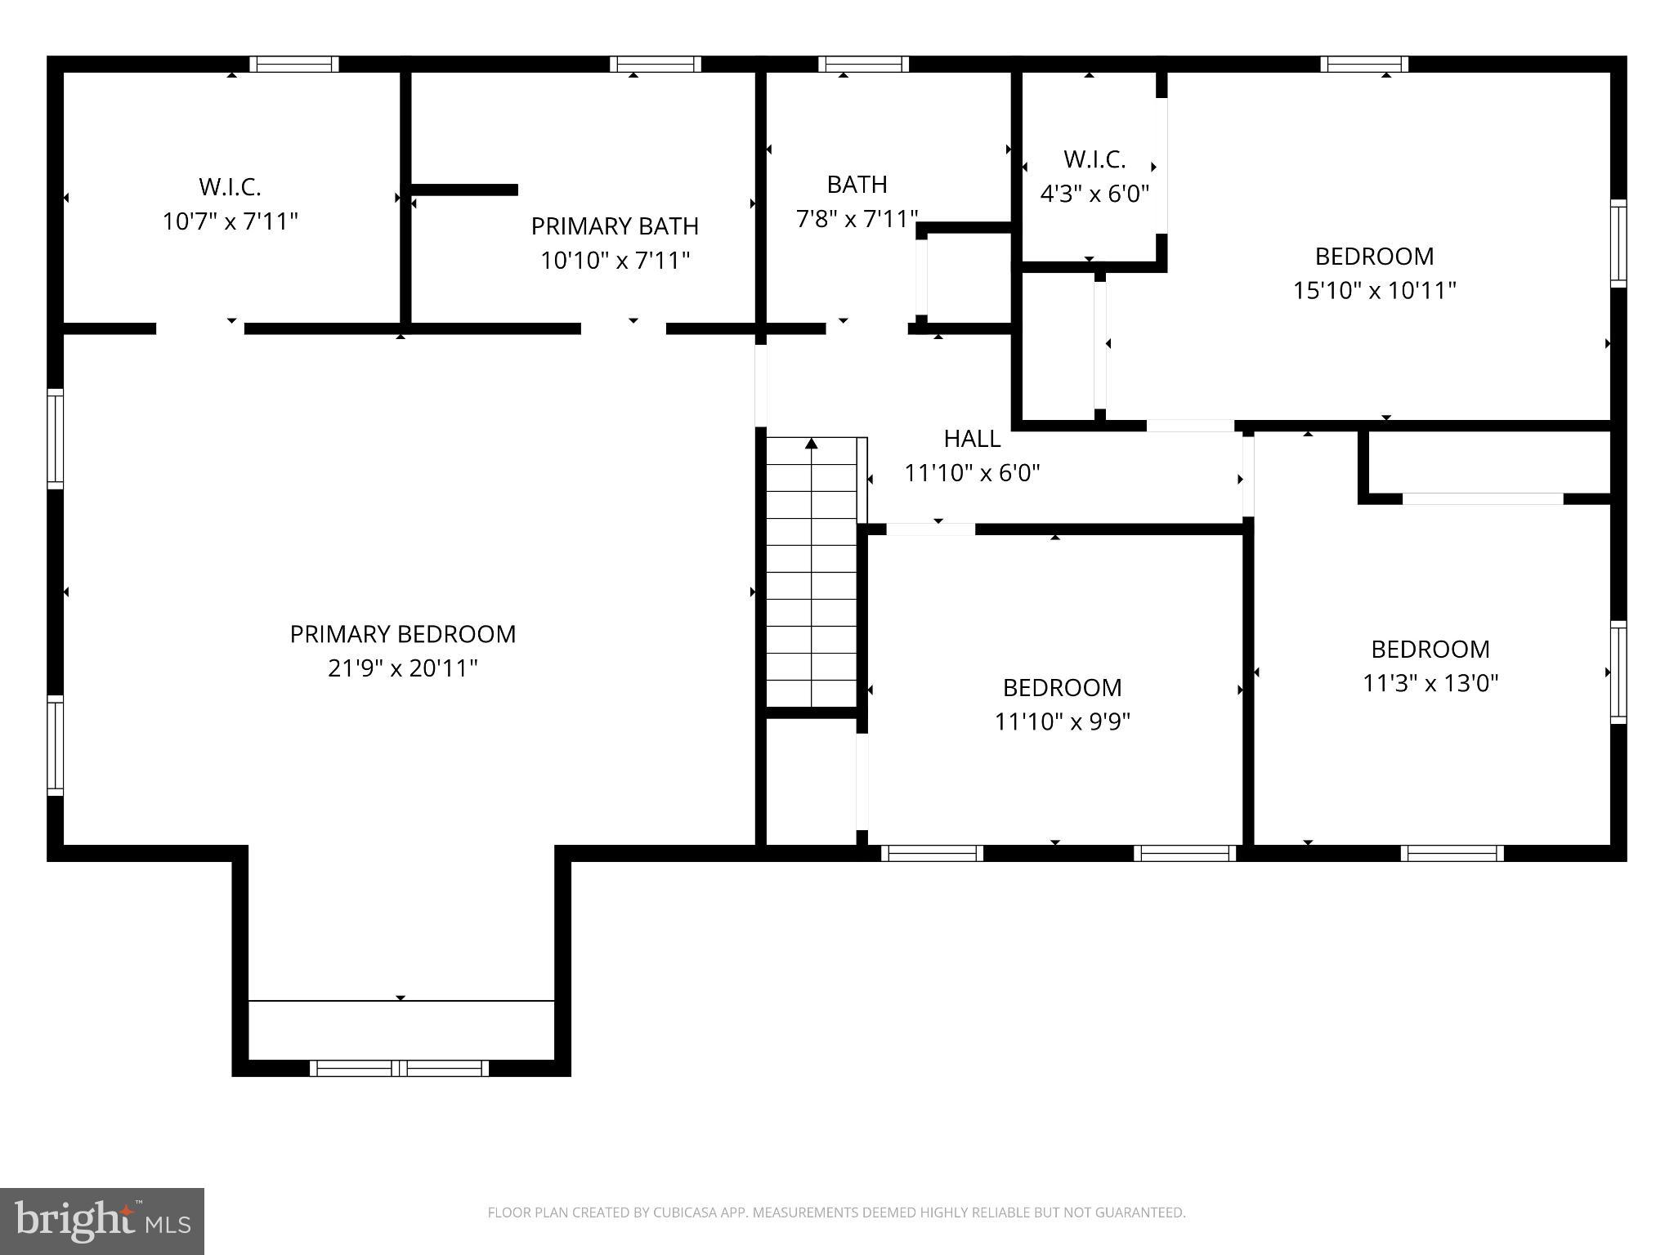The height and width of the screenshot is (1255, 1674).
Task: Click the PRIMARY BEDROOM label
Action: pos(402,634)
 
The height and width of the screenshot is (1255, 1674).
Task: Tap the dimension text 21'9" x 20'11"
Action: pos(402,668)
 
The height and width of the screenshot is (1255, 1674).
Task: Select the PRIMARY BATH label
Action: pos(615,226)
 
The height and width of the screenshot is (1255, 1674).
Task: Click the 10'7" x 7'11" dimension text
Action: pos(231,221)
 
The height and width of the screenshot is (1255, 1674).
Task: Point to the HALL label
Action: pos(972,439)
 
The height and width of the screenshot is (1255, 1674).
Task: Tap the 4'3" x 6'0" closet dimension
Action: pos(1094,194)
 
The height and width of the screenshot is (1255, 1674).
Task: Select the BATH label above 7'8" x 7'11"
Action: pos(857,185)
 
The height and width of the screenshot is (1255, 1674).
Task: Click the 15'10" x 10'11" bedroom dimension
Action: pos(1374,291)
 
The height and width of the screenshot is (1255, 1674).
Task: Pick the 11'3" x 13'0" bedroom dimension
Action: pos(1430,683)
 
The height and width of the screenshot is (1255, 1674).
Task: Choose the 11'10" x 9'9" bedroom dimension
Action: pos(1062,721)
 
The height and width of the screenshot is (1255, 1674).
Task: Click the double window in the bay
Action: pos(400,1068)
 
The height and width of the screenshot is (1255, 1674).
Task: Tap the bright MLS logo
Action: pos(101,1222)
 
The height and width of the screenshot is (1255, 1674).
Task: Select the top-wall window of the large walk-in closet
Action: pos(293,65)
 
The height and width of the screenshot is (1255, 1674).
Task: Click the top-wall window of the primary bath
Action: pos(655,65)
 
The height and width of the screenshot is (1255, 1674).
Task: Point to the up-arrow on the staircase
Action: pos(812,444)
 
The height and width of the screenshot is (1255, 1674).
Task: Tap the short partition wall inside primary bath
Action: pos(464,190)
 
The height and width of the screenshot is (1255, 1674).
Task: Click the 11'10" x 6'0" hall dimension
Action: pos(972,473)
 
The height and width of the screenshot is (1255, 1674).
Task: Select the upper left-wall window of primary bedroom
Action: pos(55,439)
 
